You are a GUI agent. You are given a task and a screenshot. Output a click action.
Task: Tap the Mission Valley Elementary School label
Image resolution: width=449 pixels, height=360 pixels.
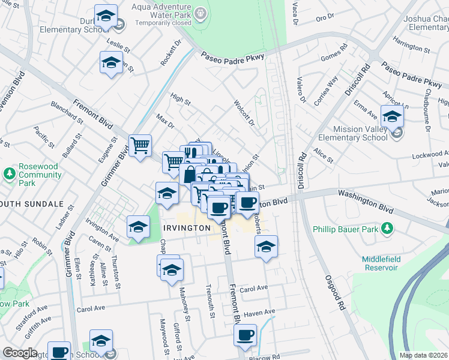click(352, 133)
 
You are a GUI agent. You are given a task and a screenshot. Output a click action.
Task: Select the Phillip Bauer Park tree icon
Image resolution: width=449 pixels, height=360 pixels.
click(388, 229)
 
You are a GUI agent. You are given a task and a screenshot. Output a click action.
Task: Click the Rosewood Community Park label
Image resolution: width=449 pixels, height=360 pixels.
click(40, 175)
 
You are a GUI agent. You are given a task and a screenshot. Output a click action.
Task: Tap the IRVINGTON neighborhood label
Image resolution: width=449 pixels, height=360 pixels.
click(187, 228)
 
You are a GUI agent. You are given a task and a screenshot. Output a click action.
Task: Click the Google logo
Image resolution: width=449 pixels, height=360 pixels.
click(20, 353)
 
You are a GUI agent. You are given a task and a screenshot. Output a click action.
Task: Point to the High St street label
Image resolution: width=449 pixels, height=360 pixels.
click(179, 98)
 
